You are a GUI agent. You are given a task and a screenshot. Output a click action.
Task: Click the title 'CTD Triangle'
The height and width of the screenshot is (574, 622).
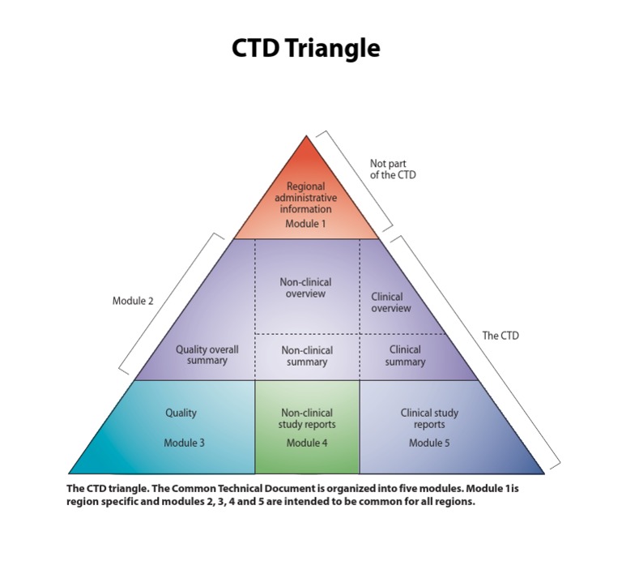point(305,49)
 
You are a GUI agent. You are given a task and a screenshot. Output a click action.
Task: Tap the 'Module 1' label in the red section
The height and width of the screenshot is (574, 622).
point(306,224)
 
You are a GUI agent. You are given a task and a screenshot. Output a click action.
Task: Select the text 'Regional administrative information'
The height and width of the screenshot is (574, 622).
point(306,198)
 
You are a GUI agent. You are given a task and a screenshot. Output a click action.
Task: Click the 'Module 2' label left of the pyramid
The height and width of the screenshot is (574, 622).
point(133,301)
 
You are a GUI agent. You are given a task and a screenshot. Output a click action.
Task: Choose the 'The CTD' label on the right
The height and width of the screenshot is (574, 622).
point(501,335)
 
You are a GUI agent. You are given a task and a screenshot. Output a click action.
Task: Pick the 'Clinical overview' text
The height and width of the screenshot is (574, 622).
point(391,302)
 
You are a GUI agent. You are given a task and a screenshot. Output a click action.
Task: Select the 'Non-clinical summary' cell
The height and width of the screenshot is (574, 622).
point(307,356)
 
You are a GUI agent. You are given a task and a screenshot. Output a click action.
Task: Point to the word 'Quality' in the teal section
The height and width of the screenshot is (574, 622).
point(181,413)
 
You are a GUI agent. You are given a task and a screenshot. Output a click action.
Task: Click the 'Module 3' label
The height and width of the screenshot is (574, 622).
point(185,443)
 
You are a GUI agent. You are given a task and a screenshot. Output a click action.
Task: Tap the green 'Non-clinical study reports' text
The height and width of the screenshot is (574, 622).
point(307,418)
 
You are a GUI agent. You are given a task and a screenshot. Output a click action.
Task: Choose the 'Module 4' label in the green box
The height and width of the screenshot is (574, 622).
point(307,443)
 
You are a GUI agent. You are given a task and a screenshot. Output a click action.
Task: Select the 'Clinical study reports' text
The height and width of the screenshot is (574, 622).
point(429,418)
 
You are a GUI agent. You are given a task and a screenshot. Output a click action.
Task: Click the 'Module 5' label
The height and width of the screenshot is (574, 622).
point(429,443)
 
